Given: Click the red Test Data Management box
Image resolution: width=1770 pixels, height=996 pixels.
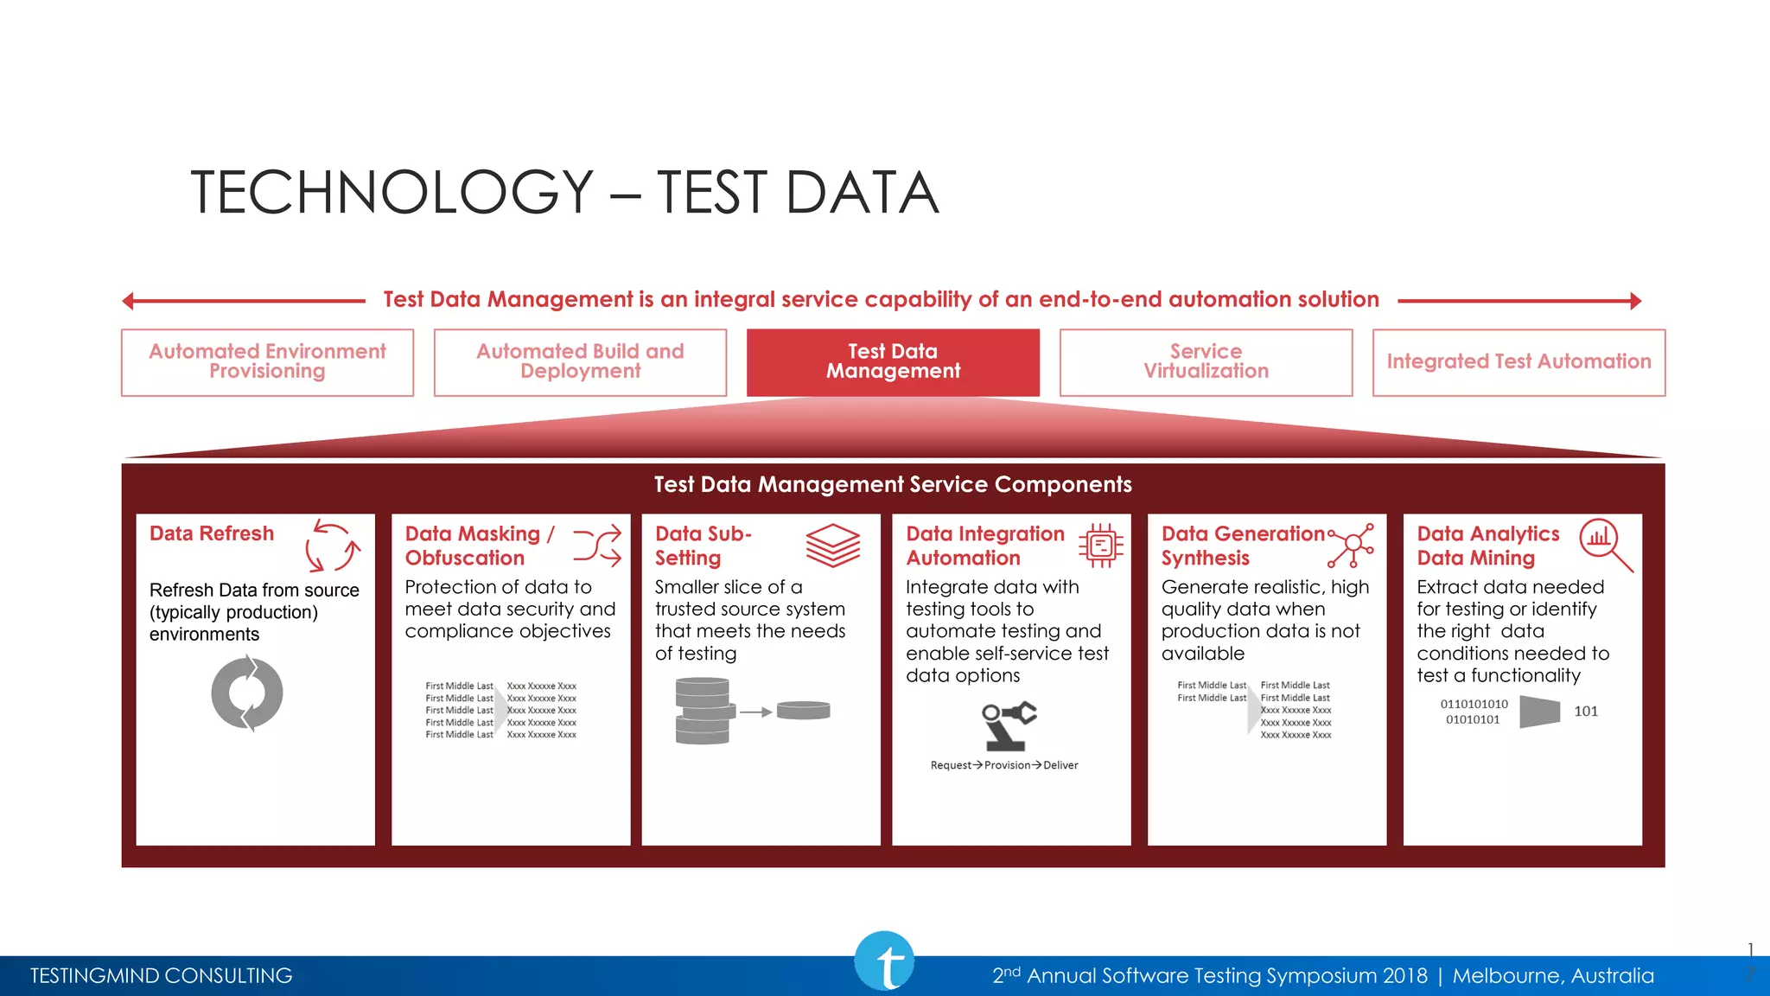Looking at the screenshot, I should tap(893, 362).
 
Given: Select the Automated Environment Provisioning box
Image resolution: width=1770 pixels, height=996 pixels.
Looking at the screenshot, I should tap(267, 362).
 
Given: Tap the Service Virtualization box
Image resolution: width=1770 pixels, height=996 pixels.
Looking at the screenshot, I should tap(1206, 362).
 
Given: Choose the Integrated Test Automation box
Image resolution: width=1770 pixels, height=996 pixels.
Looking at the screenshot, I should tap(1519, 362).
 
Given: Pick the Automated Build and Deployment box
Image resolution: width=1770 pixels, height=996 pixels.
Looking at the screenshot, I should tap(580, 362).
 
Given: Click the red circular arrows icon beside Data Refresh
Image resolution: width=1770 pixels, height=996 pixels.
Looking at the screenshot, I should tap(333, 546).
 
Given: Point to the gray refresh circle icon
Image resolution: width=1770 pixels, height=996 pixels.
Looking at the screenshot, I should tap(247, 693).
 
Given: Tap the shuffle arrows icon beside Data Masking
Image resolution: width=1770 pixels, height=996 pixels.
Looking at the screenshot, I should tap(597, 546).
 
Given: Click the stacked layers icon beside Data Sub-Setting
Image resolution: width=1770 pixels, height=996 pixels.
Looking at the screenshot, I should tap(833, 545).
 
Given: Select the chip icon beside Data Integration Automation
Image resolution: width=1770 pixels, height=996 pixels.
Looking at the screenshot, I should tap(1101, 545).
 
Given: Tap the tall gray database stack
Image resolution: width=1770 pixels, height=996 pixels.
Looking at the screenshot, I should tap(703, 711).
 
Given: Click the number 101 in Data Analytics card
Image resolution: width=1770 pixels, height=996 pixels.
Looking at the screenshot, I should tap(1586, 712).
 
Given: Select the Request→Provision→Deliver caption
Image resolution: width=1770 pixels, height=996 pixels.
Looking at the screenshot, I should tap(1004, 765).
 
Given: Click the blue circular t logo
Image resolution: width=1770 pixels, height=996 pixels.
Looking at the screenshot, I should tap(884, 961).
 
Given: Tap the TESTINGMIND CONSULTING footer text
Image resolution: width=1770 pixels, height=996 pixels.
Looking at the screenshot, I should tap(162, 976).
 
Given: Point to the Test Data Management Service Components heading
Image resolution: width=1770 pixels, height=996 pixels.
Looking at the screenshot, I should tap(893, 484).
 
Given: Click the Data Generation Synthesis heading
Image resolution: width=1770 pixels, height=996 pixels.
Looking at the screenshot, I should tap(1243, 546).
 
